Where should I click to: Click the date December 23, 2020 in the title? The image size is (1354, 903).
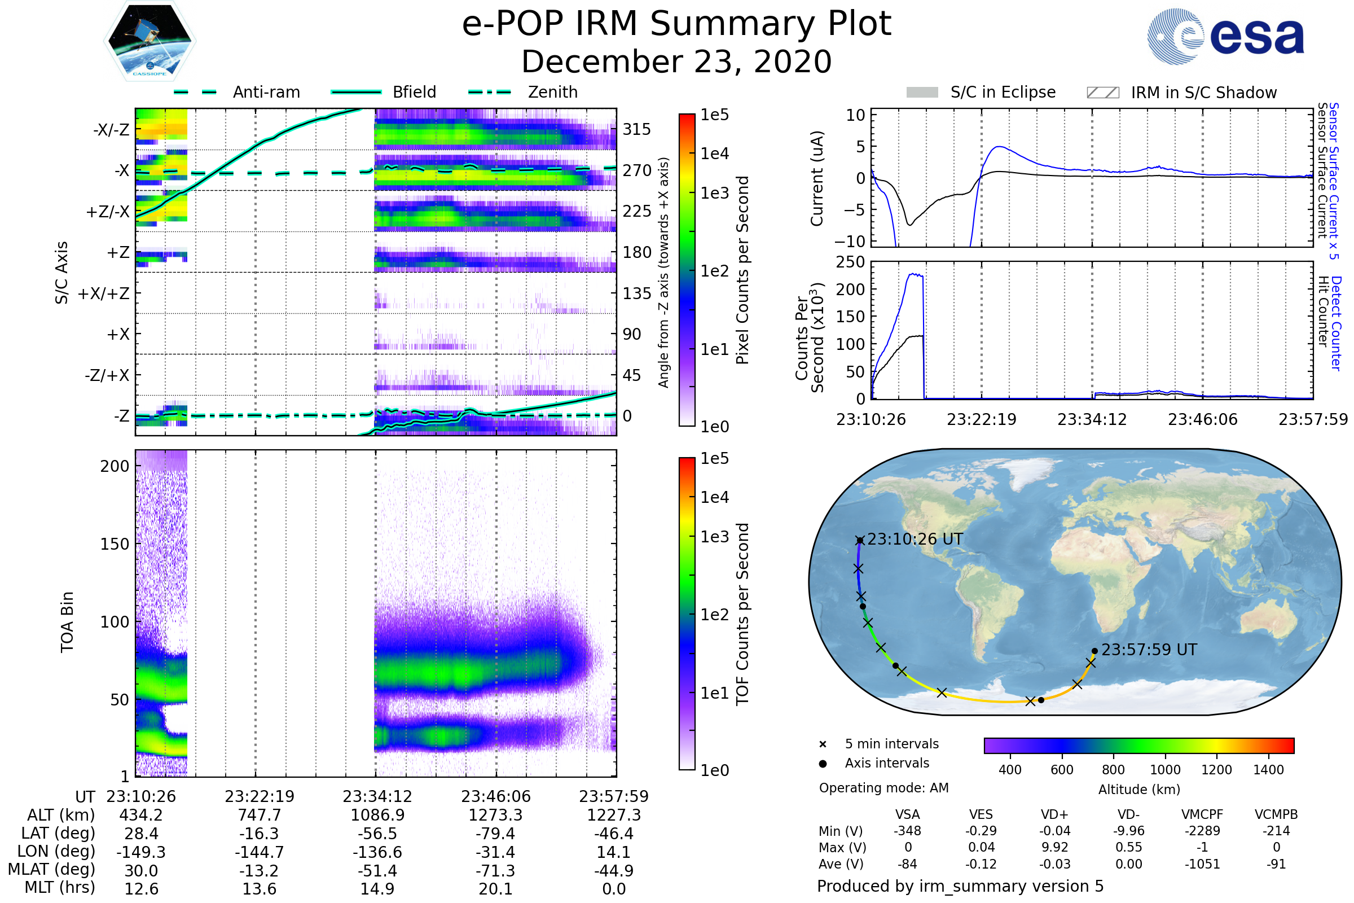point(676,62)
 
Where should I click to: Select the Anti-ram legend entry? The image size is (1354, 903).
point(266,92)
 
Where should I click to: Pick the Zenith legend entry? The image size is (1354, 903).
point(553,92)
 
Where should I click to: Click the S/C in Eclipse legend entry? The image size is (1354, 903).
point(1003,92)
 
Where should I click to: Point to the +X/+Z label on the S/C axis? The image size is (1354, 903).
point(104,293)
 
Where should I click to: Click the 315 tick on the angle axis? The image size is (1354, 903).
point(636,129)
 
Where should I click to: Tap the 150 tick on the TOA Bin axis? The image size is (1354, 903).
point(115,543)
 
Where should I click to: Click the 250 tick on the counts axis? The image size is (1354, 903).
point(850,262)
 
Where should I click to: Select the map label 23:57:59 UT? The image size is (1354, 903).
point(1149,650)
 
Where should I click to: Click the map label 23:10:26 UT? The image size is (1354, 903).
point(915,539)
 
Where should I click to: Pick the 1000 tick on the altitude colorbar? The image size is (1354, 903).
point(1164,770)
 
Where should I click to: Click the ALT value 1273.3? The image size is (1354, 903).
point(495,815)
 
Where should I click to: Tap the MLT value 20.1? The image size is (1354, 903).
point(495,888)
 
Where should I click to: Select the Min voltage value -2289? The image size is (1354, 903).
point(1202,831)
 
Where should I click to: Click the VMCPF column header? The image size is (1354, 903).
point(1202,814)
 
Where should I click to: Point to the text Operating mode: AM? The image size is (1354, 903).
point(883,788)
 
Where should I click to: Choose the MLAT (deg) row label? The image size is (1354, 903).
point(52,870)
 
